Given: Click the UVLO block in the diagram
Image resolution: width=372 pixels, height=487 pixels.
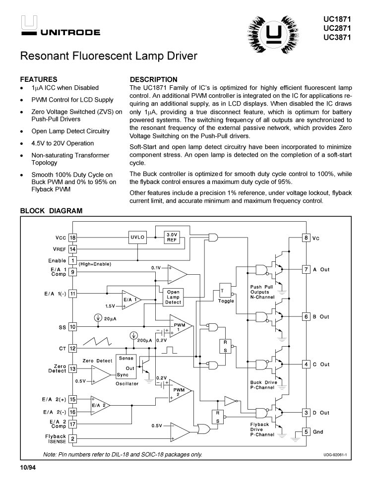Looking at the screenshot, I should (x=137, y=238).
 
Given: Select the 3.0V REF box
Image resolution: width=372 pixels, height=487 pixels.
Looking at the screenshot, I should (x=172, y=237).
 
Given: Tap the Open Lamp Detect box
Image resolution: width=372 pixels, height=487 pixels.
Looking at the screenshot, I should (x=173, y=297).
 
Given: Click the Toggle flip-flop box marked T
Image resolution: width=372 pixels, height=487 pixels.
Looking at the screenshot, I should (x=223, y=291).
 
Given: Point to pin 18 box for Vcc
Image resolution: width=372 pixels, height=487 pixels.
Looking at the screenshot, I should (x=72, y=238).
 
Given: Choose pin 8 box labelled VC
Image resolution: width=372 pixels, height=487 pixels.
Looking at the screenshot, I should (x=307, y=238).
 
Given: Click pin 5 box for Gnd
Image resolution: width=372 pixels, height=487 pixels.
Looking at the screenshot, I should (x=307, y=431).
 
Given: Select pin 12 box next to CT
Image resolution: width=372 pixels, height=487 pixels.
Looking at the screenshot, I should (x=72, y=349).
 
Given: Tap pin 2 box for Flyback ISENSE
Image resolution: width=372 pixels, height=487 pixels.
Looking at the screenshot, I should (x=72, y=438).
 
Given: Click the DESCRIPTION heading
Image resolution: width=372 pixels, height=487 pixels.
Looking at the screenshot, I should (x=153, y=79).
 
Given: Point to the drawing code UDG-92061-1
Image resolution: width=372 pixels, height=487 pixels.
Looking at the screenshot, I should (x=335, y=455).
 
